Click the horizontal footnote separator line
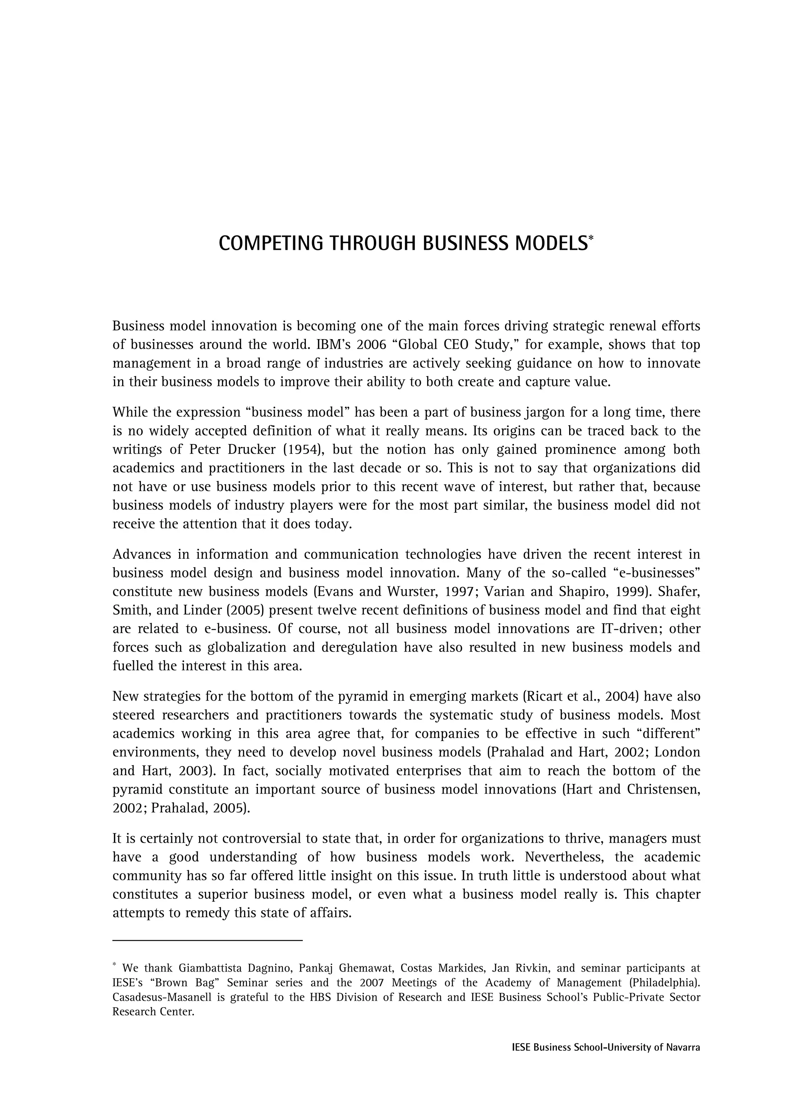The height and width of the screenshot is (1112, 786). (207, 940)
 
